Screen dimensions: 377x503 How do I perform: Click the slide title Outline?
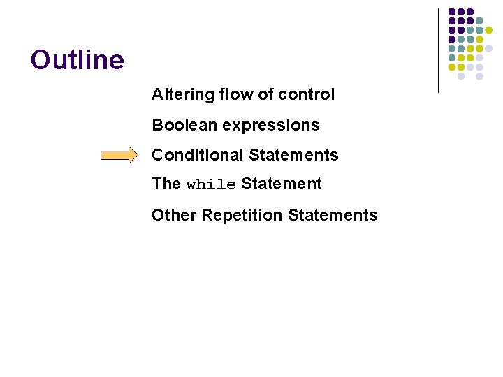(x=78, y=60)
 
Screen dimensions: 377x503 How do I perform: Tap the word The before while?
(x=166, y=184)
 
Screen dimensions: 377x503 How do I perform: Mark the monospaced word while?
(x=211, y=185)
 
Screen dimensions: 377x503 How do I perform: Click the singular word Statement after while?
(x=282, y=184)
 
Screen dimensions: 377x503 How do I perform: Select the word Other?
(x=174, y=215)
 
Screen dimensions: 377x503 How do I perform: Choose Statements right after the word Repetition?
(x=333, y=215)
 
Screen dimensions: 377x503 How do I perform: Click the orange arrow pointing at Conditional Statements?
(x=119, y=156)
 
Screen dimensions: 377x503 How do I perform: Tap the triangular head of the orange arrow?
(x=133, y=156)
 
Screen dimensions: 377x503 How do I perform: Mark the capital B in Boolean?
(x=158, y=125)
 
